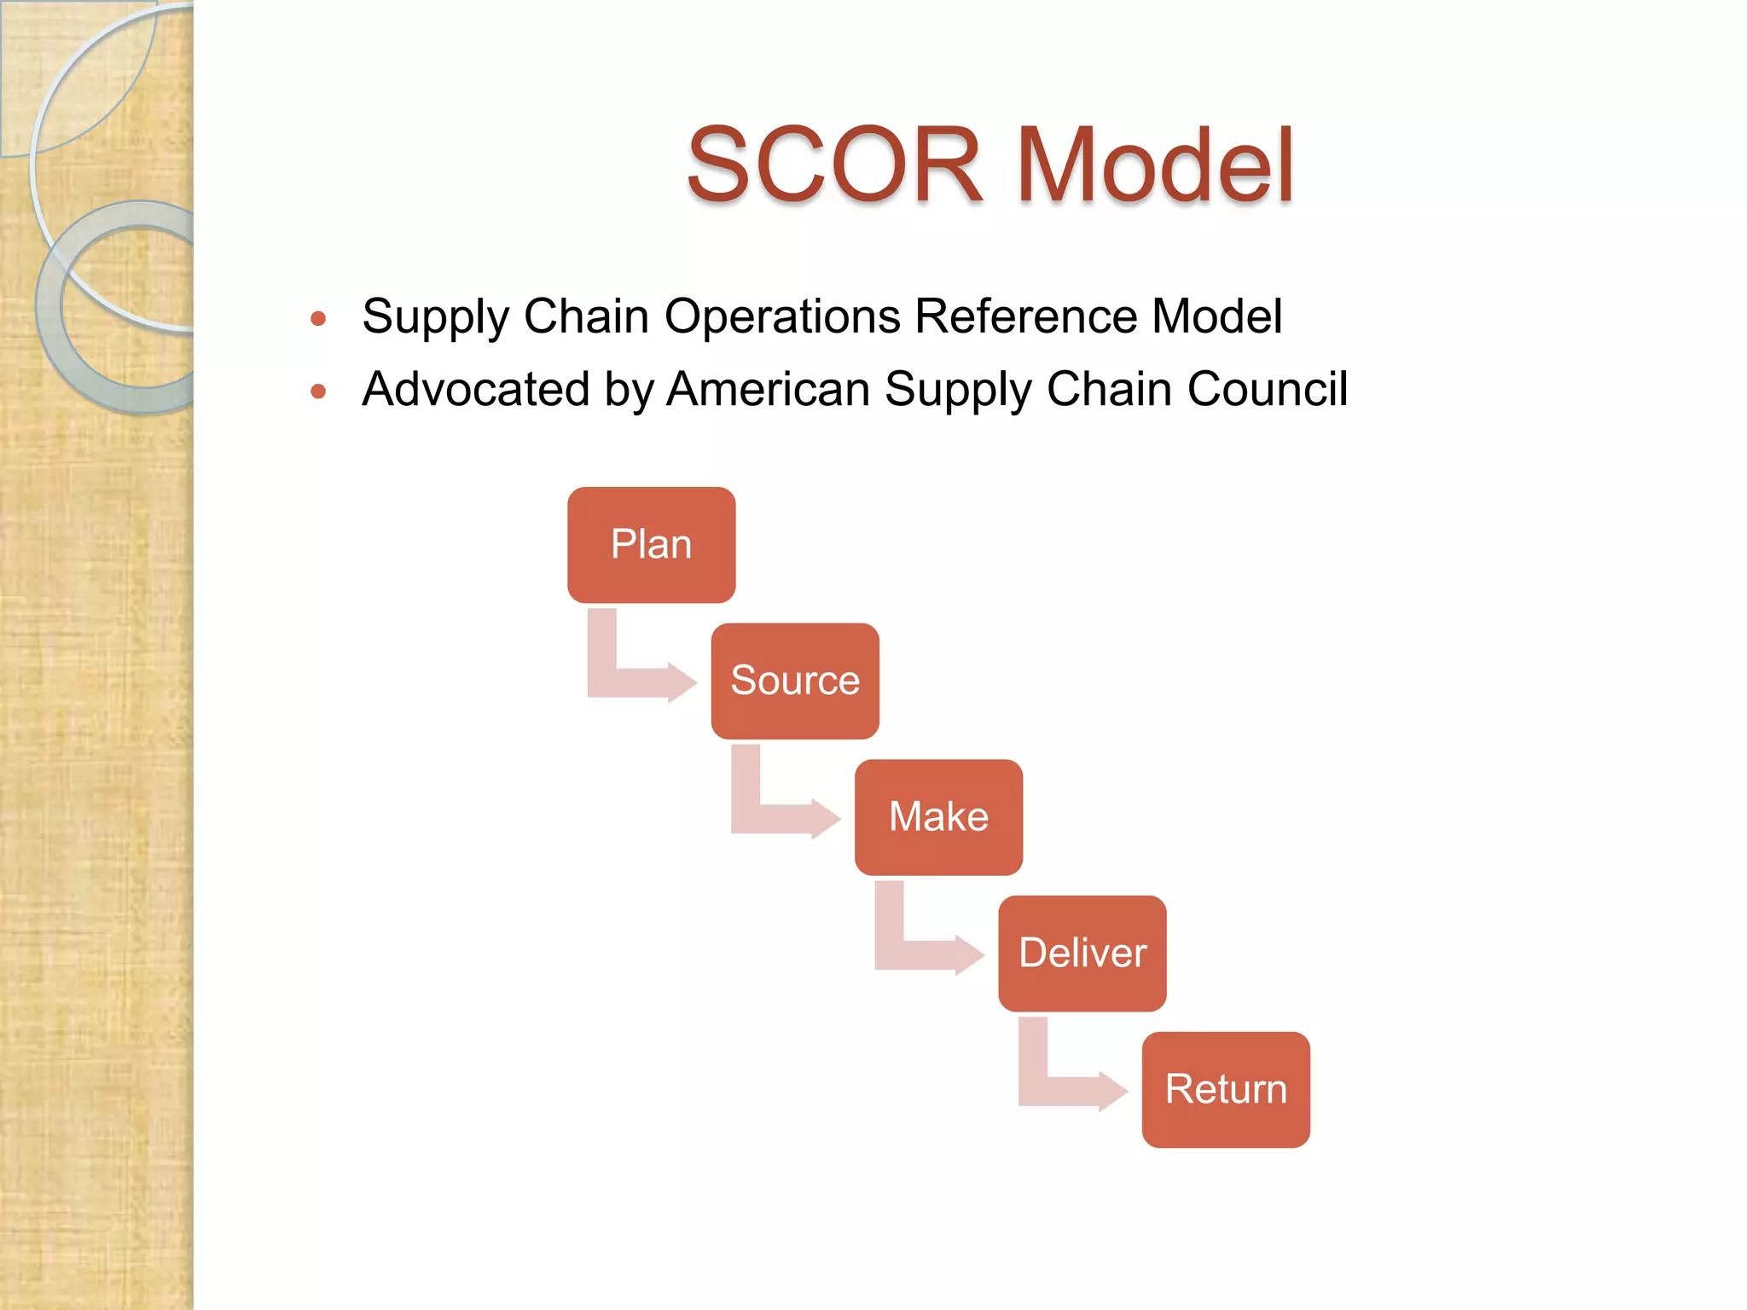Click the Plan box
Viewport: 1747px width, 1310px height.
coord(651,545)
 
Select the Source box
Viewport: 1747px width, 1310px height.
coord(795,681)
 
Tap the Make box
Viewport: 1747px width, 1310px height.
coord(938,817)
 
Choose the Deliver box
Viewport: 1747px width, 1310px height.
coord(1082,953)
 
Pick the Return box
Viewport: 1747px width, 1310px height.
coord(1226,1089)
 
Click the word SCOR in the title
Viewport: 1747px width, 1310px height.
coord(834,165)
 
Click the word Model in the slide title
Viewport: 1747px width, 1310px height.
coord(1155,165)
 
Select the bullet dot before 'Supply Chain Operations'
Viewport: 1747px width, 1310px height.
coord(319,319)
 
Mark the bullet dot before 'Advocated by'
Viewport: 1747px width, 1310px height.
coord(319,391)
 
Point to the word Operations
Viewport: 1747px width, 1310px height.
coord(782,316)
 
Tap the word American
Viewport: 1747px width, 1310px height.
coord(768,389)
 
